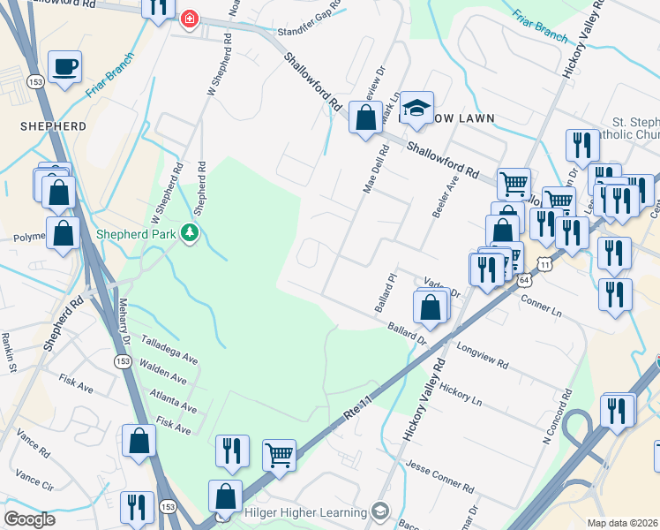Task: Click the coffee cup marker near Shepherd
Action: [64, 67]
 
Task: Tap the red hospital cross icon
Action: [189, 19]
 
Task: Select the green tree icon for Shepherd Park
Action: [189, 233]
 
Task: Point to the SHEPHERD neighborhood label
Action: [54, 126]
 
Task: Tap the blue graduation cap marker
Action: [417, 109]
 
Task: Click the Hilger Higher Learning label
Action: [305, 512]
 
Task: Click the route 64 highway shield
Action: [524, 279]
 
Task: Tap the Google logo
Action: [29, 519]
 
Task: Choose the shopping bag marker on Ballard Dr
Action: [430, 307]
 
